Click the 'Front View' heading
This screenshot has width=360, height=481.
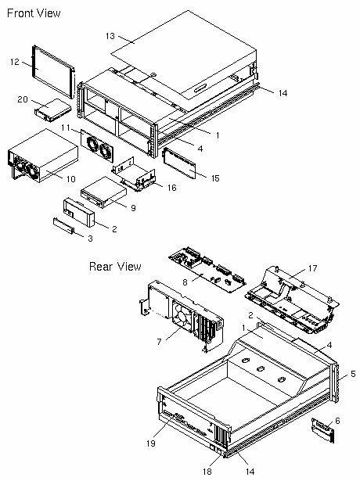pyautogui.click(x=34, y=13)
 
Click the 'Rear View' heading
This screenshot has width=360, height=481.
pyautogui.click(x=115, y=266)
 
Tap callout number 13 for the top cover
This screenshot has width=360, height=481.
pyautogui.click(x=110, y=36)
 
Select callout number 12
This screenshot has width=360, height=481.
pyautogui.click(x=14, y=62)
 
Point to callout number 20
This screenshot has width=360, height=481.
pyautogui.click(x=23, y=99)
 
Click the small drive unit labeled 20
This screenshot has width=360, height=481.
pyautogui.click(x=52, y=109)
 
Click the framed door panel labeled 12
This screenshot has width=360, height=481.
pyautogui.click(x=53, y=72)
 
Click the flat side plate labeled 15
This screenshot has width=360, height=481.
pyautogui.click(x=179, y=163)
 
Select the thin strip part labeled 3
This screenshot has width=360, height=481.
pyautogui.click(x=64, y=226)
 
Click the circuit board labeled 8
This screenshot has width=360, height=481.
pyautogui.click(x=207, y=269)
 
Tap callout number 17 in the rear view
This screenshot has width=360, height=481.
pyautogui.click(x=312, y=268)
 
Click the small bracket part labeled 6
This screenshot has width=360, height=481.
pyautogui.click(x=322, y=430)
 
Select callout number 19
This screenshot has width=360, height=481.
pyautogui.click(x=151, y=443)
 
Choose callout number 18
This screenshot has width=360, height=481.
pyautogui.click(x=207, y=471)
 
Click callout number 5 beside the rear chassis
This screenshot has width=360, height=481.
pyautogui.click(x=353, y=374)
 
